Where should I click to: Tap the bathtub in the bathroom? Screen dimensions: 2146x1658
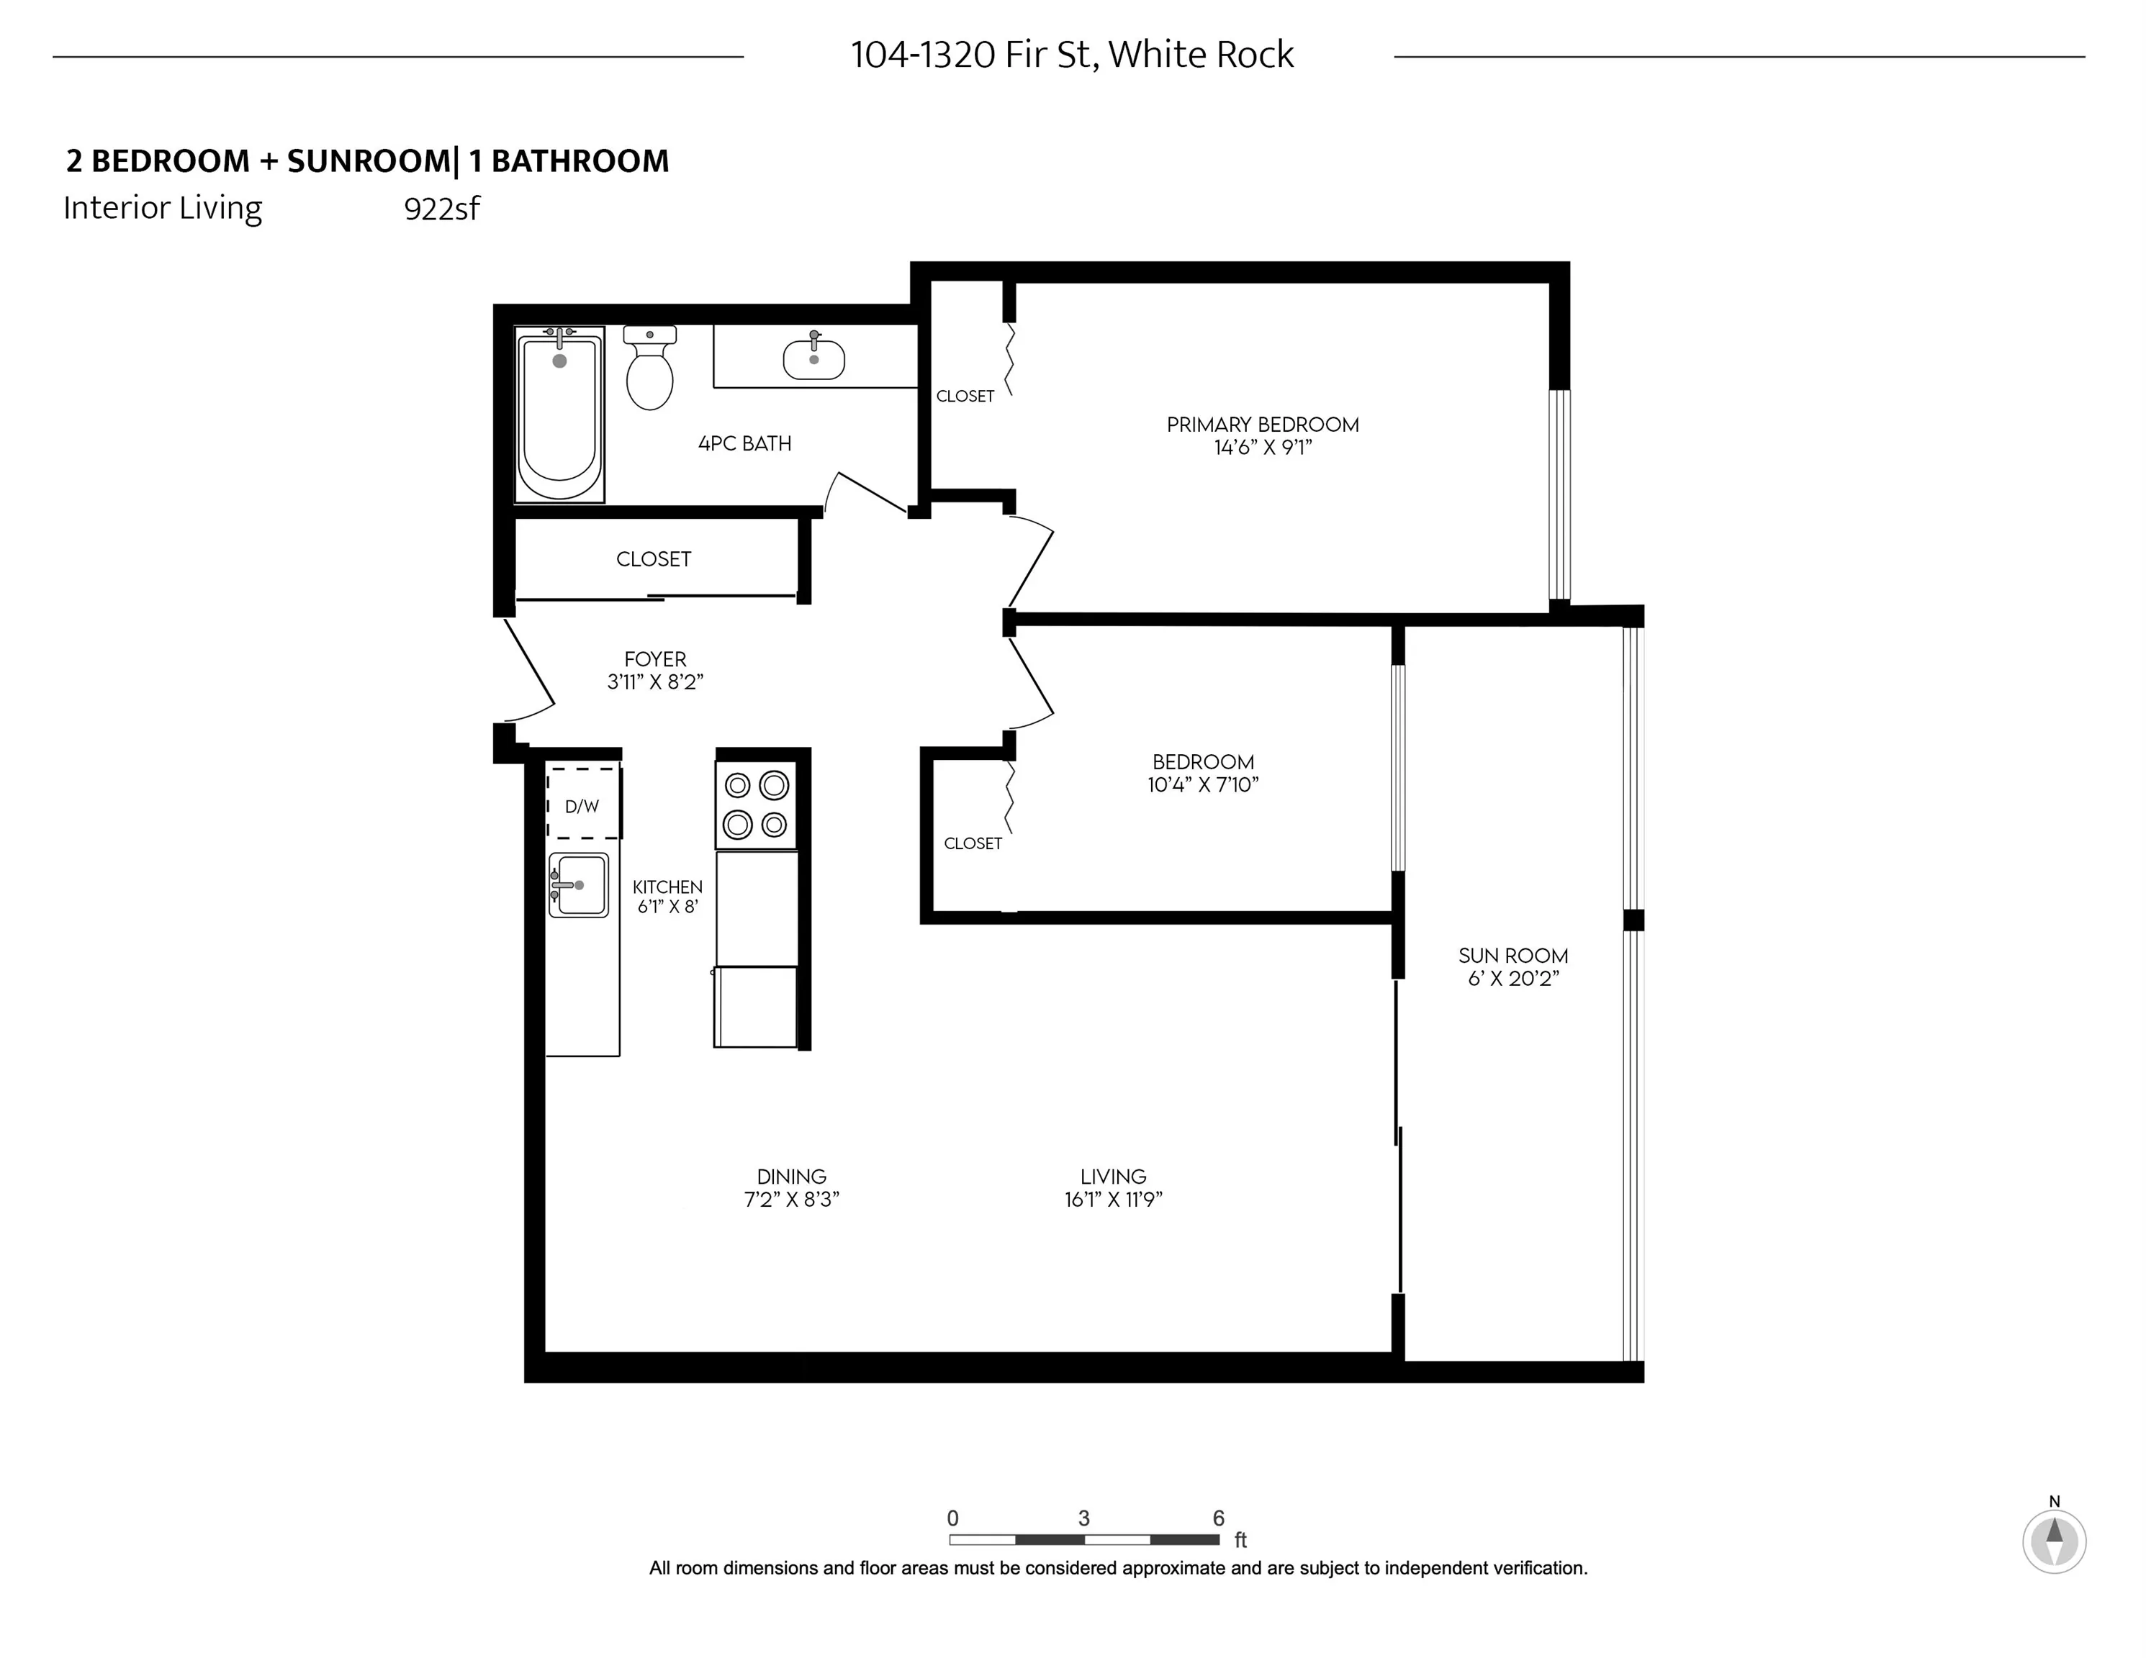tap(559, 414)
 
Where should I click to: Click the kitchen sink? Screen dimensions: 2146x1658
tap(579, 885)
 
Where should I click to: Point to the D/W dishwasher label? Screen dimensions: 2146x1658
tap(582, 807)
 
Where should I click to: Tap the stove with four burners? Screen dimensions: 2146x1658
tap(757, 805)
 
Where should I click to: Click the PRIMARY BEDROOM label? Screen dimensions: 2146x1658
tap(1263, 425)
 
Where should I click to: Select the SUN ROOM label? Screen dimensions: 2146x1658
tap(1513, 956)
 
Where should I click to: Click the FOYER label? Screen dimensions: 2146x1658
tap(655, 659)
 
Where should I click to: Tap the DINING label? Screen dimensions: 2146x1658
tap(792, 1177)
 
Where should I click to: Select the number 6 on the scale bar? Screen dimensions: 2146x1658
tap(1219, 1518)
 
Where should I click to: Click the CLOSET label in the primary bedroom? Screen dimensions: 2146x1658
tap(965, 396)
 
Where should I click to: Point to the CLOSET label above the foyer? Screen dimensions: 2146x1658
tap(654, 559)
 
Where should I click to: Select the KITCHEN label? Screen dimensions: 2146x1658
tap(667, 887)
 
